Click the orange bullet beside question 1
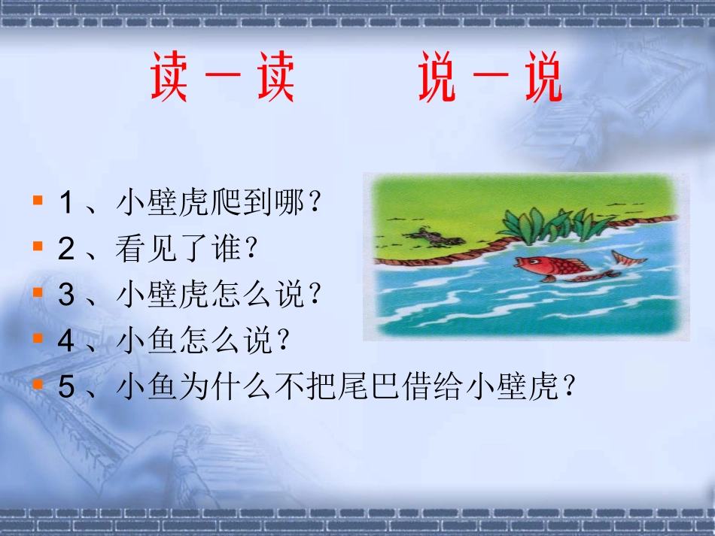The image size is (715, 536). coord(37,201)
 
